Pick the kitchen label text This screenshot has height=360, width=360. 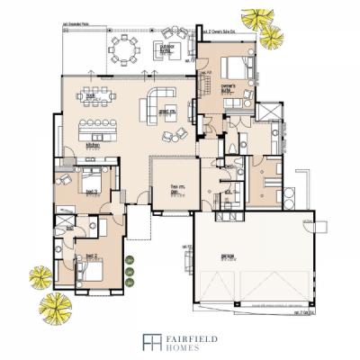(x=92, y=143)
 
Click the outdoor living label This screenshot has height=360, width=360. (x=166, y=52)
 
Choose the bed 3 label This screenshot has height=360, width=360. (x=91, y=191)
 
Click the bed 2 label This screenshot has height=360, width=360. (x=90, y=256)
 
